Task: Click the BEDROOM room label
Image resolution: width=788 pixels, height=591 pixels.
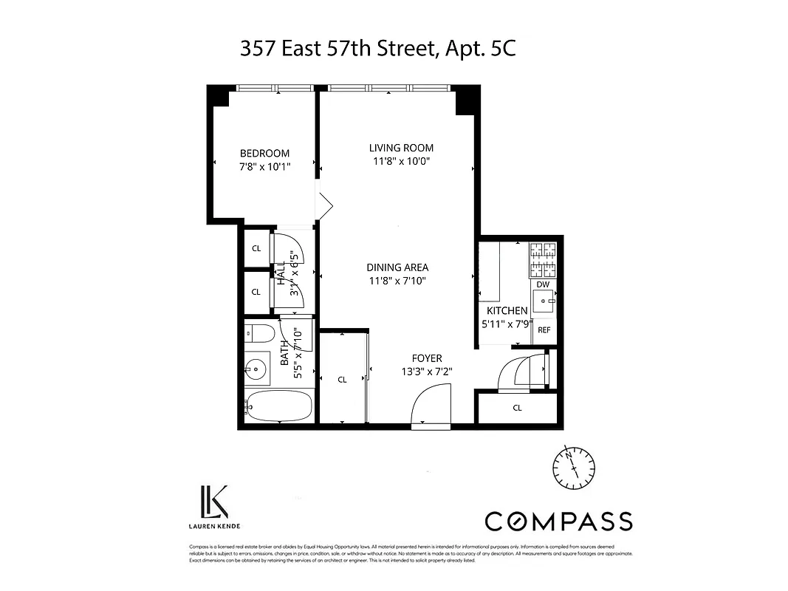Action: pyautogui.click(x=264, y=153)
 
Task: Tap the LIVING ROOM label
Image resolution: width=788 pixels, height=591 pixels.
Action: pyautogui.click(x=401, y=148)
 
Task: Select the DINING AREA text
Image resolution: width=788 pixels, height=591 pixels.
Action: pyautogui.click(x=397, y=267)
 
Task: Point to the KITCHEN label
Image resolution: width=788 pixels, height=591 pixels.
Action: pyautogui.click(x=507, y=311)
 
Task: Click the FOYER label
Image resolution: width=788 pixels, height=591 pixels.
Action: pyautogui.click(x=427, y=359)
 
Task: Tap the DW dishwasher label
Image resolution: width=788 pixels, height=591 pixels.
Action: pyautogui.click(x=543, y=284)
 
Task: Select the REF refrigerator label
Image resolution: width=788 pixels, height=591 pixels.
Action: pyautogui.click(x=544, y=329)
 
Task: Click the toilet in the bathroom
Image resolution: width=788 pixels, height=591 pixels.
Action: pyautogui.click(x=259, y=333)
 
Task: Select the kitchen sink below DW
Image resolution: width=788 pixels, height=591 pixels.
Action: pyautogui.click(x=544, y=302)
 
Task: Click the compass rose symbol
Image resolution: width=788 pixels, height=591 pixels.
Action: pyautogui.click(x=574, y=466)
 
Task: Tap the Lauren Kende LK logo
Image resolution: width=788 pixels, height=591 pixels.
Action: pyautogui.click(x=213, y=502)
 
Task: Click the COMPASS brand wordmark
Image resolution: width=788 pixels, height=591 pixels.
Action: pyautogui.click(x=558, y=521)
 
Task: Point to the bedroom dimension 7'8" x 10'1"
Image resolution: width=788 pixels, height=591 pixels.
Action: pyautogui.click(x=264, y=166)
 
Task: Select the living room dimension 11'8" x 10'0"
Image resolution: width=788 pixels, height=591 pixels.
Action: pyautogui.click(x=401, y=160)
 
